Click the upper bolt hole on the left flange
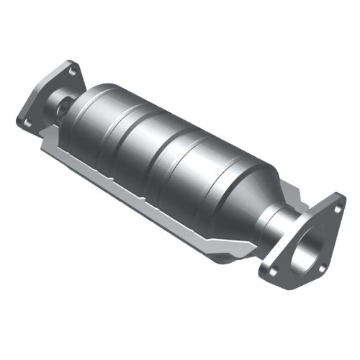click(72, 71)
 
